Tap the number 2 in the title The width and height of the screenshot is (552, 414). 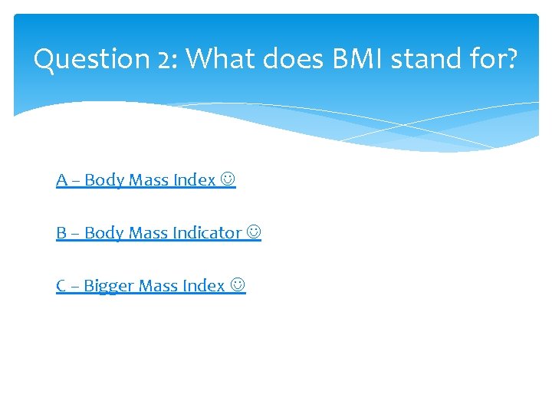[166, 59]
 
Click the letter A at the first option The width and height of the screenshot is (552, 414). [61, 180]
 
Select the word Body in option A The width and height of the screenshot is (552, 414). [104, 180]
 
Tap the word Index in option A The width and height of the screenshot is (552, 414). [194, 180]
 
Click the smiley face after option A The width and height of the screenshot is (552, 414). [228, 180]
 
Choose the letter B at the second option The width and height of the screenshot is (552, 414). [61, 233]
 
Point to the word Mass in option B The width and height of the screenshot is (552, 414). [149, 233]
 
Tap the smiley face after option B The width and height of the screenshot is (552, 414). [254, 233]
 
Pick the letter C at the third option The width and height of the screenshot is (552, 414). [61, 286]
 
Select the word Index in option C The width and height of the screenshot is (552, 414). [204, 286]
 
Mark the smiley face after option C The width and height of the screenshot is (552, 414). [238, 286]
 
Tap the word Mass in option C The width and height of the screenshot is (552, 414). [159, 286]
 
